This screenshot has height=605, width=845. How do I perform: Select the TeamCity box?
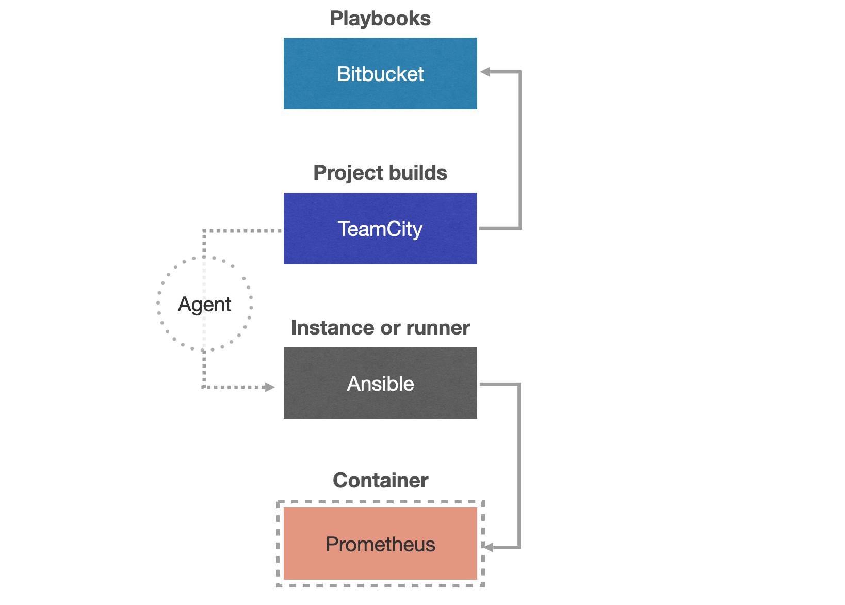click(x=380, y=248)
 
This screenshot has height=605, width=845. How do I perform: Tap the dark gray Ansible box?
click(x=380, y=403)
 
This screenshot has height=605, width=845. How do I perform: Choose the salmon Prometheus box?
click(x=380, y=565)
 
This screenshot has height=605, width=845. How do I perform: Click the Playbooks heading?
click(x=380, y=19)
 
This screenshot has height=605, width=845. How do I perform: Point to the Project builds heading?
click(x=380, y=173)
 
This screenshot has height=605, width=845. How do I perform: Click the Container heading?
click(x=380, y=481)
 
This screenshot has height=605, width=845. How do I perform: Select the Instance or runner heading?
click(x=380, y=328)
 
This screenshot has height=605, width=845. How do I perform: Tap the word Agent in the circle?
click(x=204, y=305)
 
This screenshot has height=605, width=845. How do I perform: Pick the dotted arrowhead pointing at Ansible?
click(x=269, y=387)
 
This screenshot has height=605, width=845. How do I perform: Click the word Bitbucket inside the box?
click(x=380, y=74)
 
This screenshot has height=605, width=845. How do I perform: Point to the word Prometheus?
click(x=380, y=545)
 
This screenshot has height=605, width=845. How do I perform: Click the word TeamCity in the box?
click(x=380, y=229)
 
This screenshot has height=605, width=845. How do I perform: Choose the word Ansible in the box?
click(x=380, y=384)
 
